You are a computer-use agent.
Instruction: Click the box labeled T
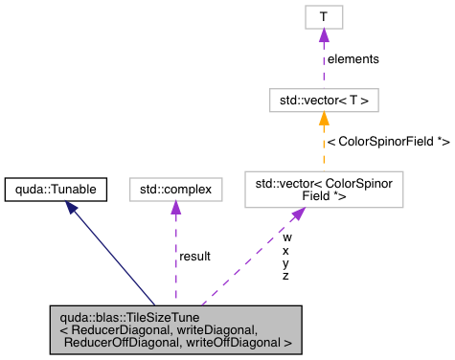coord(324,16)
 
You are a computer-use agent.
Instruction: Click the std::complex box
coord(175,189)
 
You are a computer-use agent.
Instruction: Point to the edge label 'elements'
coord(353,58)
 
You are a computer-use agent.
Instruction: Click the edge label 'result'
coord(194,257)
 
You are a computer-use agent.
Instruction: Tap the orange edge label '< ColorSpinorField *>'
coord(388,142)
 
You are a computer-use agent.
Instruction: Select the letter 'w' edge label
coord(286,236)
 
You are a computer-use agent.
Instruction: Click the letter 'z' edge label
coord(285,276)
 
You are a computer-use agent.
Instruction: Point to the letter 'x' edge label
coord(285,249)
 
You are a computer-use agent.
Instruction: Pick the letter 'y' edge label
coord(285,262)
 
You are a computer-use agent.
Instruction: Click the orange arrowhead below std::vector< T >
coord(324,118)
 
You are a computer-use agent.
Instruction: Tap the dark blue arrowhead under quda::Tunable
coord(72,209)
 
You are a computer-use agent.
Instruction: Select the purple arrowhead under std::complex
coord(175,209)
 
